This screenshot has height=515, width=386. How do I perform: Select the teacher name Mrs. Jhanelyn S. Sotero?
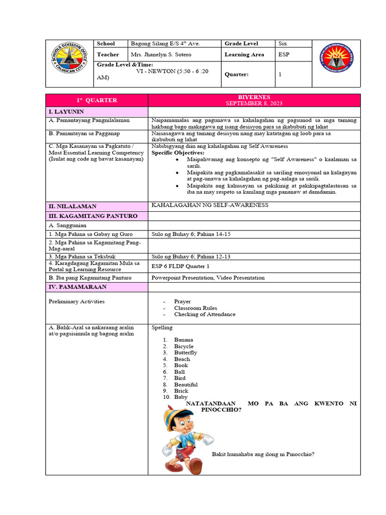[x=161, y=54]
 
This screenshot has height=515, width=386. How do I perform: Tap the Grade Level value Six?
[x=283, y=44]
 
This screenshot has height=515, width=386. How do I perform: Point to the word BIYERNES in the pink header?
[x=254, y=97]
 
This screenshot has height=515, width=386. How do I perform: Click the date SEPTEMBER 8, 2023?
[x=254, y=103]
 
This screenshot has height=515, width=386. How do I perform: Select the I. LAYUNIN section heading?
[x=66, y=111]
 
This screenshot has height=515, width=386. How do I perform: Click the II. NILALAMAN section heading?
[x=72, y=206]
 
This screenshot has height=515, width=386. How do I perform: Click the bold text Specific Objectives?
[x=178, y=152]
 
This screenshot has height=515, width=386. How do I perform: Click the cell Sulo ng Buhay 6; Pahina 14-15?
[x=190, y=234]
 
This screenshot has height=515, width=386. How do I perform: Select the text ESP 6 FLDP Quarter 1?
[x=180, y=266]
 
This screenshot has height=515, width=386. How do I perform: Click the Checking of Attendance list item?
[x=205, y=314]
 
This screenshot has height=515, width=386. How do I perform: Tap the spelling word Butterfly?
[x=185, y=353]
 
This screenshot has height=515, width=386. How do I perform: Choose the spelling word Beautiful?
[x=186, y=384]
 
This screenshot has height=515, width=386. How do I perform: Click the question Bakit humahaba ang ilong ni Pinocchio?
[x=263, y=454]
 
